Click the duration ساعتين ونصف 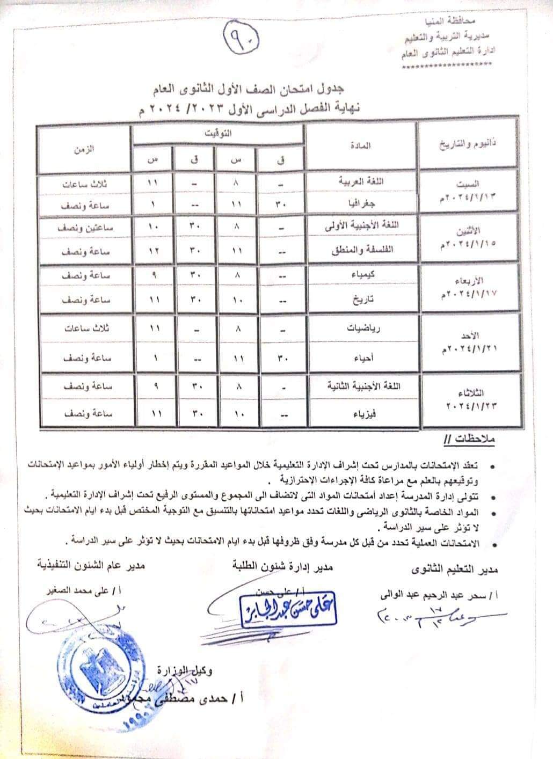[84, 228]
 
